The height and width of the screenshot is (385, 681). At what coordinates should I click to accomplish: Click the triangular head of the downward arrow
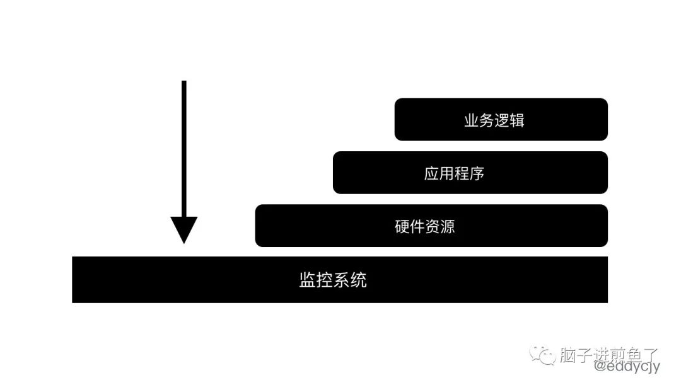point(183,229)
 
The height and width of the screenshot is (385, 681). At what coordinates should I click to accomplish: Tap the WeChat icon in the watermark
point(543,356)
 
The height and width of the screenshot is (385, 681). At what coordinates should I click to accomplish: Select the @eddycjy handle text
point(622,365)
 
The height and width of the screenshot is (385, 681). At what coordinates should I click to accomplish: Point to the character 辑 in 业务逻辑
point(517,120)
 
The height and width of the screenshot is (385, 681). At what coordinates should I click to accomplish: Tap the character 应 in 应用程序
point(432,173)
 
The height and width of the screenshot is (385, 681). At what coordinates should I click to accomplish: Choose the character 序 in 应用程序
point(477,173)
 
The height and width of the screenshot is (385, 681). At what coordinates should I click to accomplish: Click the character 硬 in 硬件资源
point(402,226)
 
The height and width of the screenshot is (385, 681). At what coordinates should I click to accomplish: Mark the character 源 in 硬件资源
point(447,226)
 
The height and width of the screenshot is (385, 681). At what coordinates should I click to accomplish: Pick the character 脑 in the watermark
point(567,355)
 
